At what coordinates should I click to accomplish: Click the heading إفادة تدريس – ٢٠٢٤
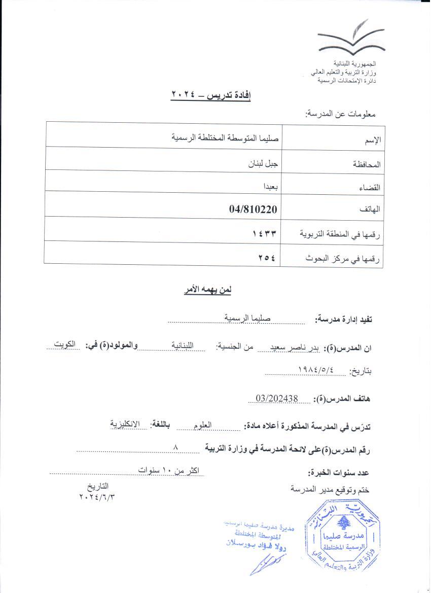tap(211, 94)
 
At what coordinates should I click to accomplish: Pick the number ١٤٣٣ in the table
tap(264, 234)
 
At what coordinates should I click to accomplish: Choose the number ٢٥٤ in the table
tap(267, 257)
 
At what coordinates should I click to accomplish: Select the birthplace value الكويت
tap(66, 343)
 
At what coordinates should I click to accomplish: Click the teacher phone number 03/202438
tap(277, 398)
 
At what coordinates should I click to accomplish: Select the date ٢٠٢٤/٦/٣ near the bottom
tap(97, 497)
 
